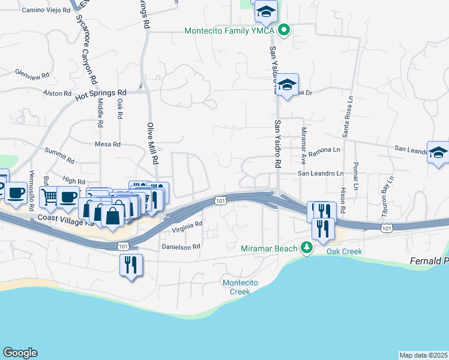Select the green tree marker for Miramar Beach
pyautogui.click(x=307, y=248)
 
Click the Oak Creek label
pyautogui.click(x=345, y=251)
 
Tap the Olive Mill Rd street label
pyautogui.click(x=152, y=143)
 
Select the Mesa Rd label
pyautogui.click(x=108, y=145)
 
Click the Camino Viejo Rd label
pyautogui.click(x=43, y=10)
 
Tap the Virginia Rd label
pyautogui.click(x=187, y=227)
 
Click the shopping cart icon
pyautogui.click(x=49, y=196)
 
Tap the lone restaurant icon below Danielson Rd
pyautogui.click(x=130, y=265)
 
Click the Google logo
pyautogui.click(x=20, y=353)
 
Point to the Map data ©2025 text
pyautogui.click(x=424, y=355)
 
